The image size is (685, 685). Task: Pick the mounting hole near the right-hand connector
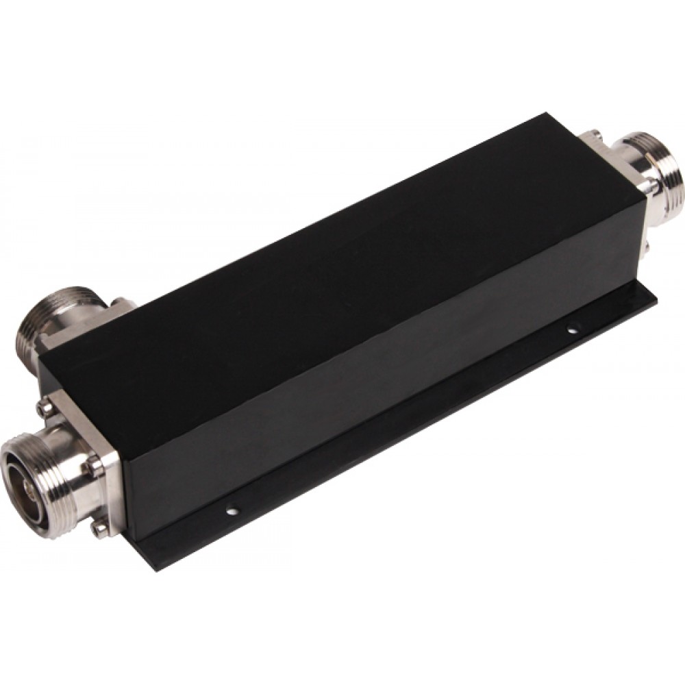tap(571, 330)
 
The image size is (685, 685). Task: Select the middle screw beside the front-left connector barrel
tap(95, 466)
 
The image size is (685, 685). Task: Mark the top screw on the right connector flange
tap(598, 134)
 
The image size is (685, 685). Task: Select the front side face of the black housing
tap(384, 384)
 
